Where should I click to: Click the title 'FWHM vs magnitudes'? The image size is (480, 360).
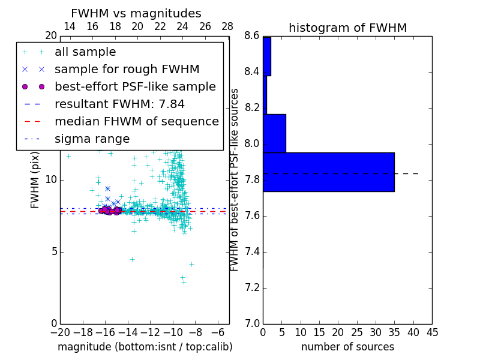tap(136, 13)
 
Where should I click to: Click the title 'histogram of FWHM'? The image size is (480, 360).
tap(347, 28)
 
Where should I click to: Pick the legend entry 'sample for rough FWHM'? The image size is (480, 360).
tap(127, 70)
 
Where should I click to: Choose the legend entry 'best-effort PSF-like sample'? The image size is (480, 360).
tap(135, 87)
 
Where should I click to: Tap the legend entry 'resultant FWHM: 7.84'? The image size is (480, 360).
tap(119, 104)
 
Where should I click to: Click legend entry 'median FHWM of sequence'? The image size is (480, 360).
tap(136, 121)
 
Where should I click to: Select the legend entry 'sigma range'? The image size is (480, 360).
tap(92, 139)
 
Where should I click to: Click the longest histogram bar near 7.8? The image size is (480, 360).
tap(328, 172)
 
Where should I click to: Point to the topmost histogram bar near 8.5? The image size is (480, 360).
tap(267, 56)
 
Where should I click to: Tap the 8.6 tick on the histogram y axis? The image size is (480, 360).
tap(251, 36)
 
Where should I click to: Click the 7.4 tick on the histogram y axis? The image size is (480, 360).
tap(251, 251)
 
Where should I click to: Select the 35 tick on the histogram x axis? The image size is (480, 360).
tap(394, 331)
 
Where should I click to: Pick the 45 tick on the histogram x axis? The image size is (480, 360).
tap(432, 331)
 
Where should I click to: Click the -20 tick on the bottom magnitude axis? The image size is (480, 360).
tap(60, 331)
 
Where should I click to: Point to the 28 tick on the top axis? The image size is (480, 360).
tap(227, 26)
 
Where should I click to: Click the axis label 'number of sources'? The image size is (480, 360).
tap(347, 347)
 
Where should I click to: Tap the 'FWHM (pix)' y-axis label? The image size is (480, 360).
tap(35, 179)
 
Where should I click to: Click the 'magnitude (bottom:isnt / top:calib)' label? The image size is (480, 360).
tap(145, 347)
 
